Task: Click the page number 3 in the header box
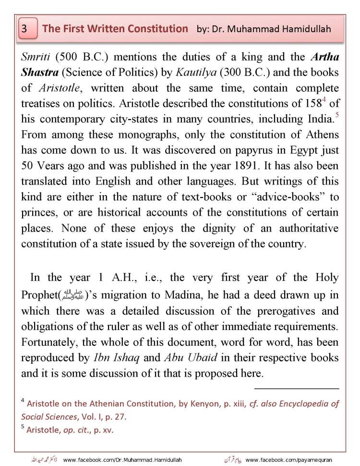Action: pos(24,29)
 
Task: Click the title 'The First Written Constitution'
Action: pos(115,29)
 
